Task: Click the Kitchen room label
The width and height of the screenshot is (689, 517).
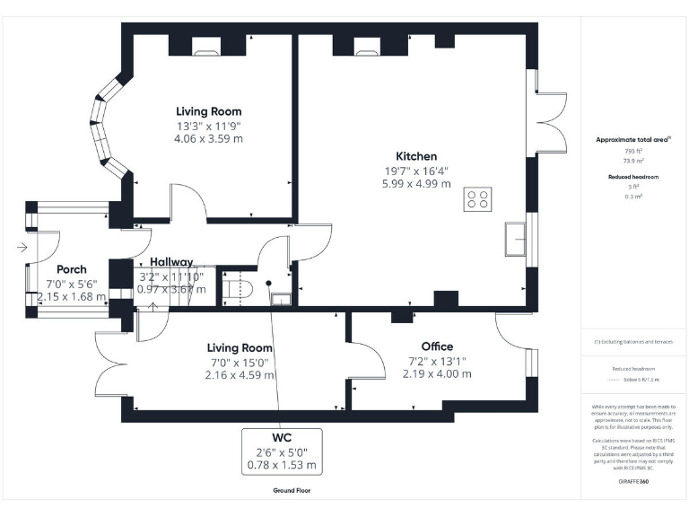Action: click(408, 156)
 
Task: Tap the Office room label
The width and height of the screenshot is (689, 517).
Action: click(437, 346)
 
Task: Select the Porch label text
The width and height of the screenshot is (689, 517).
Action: click(72, 269)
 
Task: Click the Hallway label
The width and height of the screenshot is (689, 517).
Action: click(171, 262)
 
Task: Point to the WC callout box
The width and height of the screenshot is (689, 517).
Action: click(282, 451)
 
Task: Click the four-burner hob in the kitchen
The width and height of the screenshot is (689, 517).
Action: click(477, 198)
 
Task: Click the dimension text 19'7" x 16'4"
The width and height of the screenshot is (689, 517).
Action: click(408, 171)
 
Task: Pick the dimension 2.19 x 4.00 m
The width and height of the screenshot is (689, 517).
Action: click(437, 373)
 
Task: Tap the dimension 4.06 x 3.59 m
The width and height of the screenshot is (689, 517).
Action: click(209, 139)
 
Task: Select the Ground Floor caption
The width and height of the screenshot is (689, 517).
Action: click(292, 491)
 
